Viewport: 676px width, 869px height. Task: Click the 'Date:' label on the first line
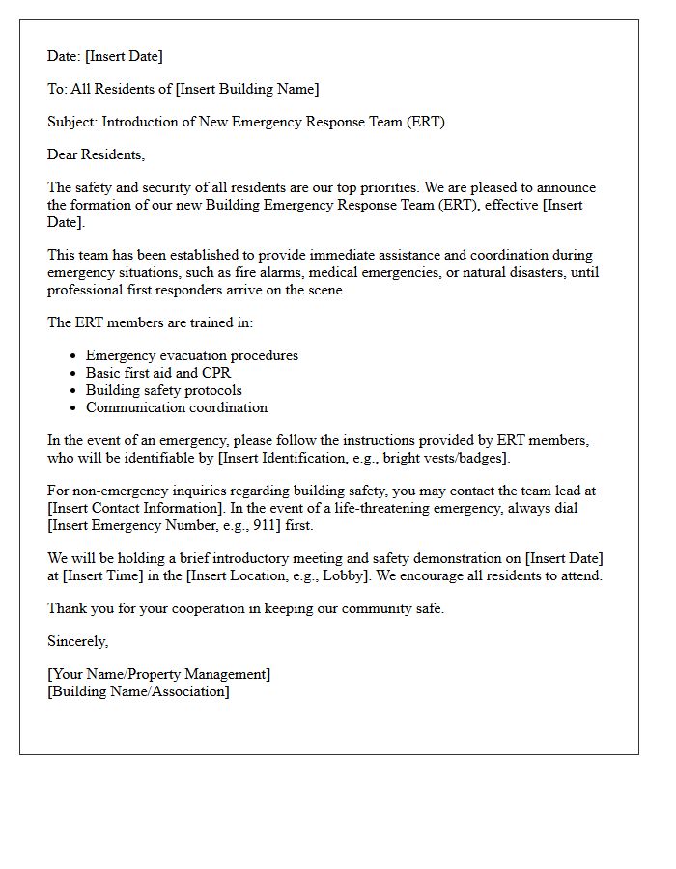(64, 56)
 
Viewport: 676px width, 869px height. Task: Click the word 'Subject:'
(72, 122)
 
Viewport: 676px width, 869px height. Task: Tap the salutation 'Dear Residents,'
(96, 154)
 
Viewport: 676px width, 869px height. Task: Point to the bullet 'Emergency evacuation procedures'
(191, 355)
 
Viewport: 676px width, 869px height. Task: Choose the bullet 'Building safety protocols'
(163, 390)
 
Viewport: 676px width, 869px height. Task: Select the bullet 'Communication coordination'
(176, 407)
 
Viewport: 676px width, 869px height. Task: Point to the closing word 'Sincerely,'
(77, 641)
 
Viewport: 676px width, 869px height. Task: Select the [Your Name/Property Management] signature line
(158, 674)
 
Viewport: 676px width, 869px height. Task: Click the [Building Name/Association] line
(138, 691)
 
